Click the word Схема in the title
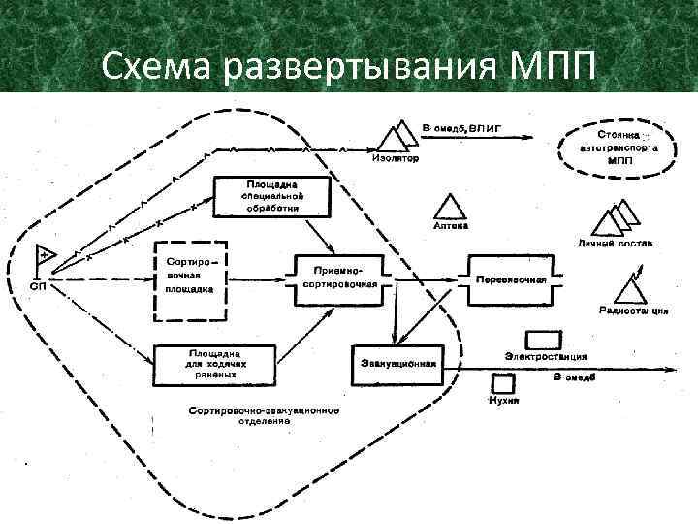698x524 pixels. [160, 67]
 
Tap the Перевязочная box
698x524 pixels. [510, 279]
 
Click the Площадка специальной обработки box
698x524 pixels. [271, 196]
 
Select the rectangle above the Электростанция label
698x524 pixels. [544, 340]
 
